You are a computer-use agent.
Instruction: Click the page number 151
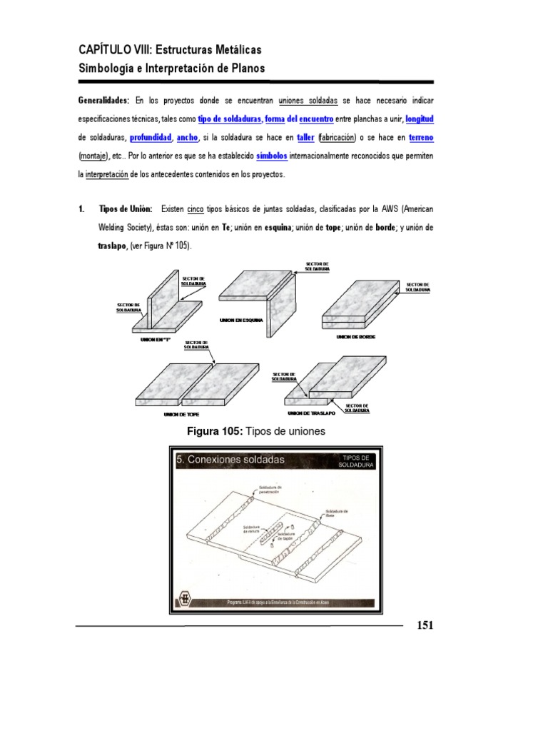[x=425, y=626]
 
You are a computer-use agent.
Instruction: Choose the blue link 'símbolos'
[x=272, y=156]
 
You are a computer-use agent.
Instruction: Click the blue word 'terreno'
[x=417, y=137]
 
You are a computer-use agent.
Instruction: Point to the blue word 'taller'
[x=305, y=137]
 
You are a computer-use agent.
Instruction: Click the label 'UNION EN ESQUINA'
[x=242, y=320]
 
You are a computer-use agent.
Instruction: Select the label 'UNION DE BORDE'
[x=356, y=336]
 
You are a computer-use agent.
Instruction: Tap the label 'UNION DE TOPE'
[x=180, y=414]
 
